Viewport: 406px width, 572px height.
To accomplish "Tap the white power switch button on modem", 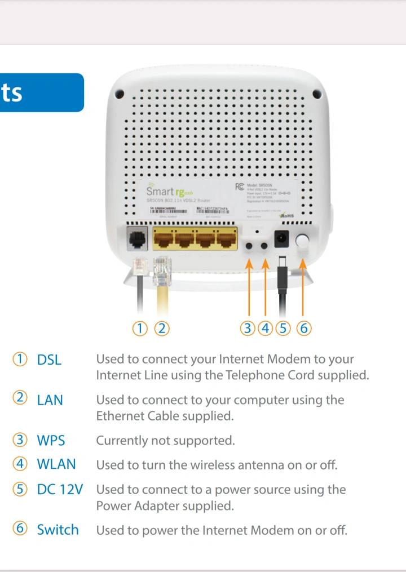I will pyautogui.click(x=303, y=241).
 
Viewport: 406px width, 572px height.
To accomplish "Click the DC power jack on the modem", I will pyautogui.click(x=281, y=240).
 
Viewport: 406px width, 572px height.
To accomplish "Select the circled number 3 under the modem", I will pyautogui.click(x=248, y=328).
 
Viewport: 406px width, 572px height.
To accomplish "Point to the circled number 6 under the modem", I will pyautogui.click(x=303, y=328).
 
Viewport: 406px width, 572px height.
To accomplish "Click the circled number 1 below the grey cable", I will pyautogui.click(x=140, y=328).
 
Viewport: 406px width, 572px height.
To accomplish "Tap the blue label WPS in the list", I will pyautogui.click(x=51, y=440).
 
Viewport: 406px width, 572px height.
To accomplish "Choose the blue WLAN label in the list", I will pyautogui.click(x=56, y=464).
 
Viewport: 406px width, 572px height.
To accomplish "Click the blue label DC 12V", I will pyautogui.click(x=60, y=490).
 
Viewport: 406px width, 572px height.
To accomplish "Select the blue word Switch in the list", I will pyautogui.click(x=58, y=530).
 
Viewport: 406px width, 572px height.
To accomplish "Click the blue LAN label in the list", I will pyautogui.click(x=50, y=400).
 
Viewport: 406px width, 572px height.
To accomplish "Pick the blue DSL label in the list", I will pyautogui.click(x=49, y=360).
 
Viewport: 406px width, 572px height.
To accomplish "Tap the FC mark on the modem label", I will pyautogui.click(x=239, y=187).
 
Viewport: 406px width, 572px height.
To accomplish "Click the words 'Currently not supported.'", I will pyautogui.click(x=165, y=440).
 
